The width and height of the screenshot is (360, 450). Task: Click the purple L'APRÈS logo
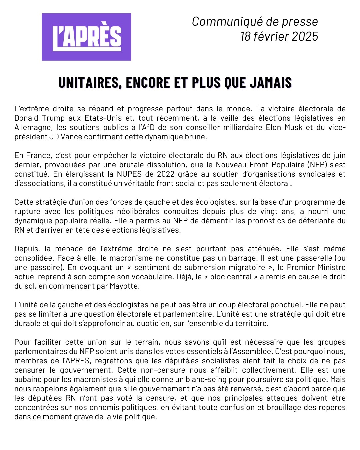(86, 37)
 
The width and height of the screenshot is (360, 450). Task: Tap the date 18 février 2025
(279, 36)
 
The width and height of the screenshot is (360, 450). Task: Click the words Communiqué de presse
(255, 21)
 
